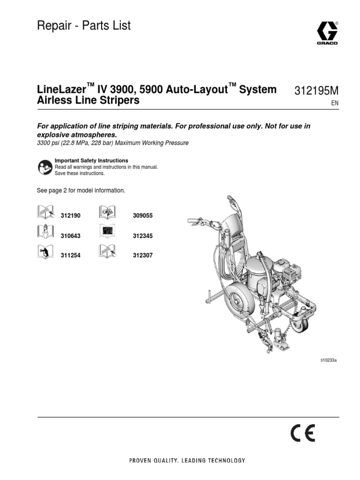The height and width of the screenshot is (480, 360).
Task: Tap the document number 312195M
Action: [x=316, y=90]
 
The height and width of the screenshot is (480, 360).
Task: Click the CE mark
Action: [x=303, y=433]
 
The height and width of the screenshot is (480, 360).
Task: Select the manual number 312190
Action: [x=70, y=216]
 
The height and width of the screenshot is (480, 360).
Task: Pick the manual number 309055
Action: [x=142, y=216]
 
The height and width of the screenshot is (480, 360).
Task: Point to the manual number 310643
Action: [x=70, y=236]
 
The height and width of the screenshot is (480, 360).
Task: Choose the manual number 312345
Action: [x=142, y=236]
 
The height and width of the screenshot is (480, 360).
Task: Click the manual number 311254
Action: [x=70, y=255]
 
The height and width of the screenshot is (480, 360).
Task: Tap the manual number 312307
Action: [x=142, y=255]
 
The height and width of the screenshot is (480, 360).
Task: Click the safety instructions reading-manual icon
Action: [x=45, y=167]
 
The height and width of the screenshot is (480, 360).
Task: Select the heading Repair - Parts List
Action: [x=84, y=25]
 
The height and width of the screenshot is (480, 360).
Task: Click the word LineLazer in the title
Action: [x=61, y=89]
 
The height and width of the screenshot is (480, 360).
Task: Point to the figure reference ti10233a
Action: [x=329, y=360]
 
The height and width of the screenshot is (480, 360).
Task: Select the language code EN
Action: [x=335, y=103]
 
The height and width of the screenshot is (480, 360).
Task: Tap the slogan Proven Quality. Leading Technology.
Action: [x=187, y=460]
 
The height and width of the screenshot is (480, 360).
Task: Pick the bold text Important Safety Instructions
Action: [x=91, y=160]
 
